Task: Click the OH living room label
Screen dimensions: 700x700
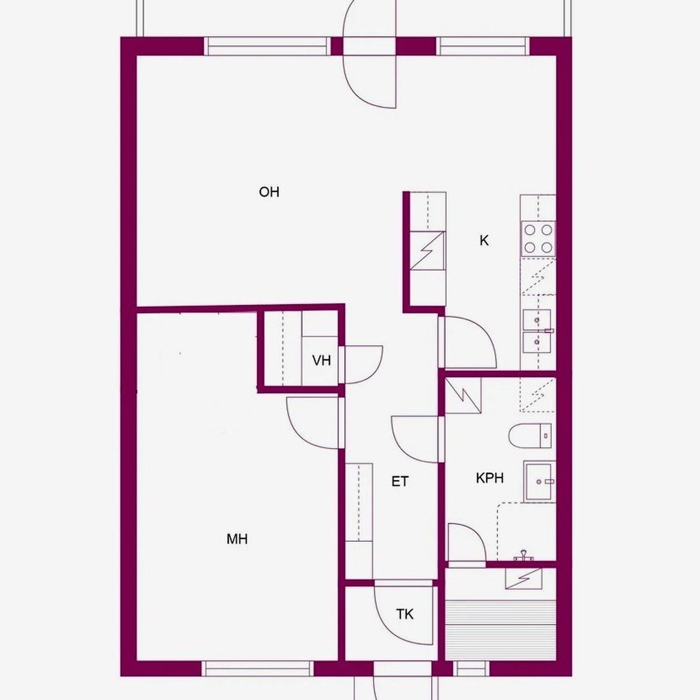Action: click(x=269, y=192)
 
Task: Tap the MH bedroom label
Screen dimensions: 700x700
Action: click(x=237, y=540)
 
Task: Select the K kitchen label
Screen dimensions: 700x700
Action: click(x=484, y=240)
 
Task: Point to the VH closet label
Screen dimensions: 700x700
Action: click(x=321, y=360)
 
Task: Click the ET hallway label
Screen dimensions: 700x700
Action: click(x=400, y=482)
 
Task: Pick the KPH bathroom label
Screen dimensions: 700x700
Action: click(x=489, y=478)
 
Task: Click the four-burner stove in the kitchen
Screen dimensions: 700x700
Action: click(x=538, y=239)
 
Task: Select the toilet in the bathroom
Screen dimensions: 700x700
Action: click(x=530, y=436)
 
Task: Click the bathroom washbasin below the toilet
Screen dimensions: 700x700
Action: click(x=540, y=481)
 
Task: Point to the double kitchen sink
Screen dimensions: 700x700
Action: click(x=537, y=331)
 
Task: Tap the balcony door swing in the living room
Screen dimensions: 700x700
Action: click(x=369, y=54)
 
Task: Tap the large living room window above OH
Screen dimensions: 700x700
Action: click(x=267, y=46)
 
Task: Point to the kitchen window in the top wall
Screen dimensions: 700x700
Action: click(x=483, y=46)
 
